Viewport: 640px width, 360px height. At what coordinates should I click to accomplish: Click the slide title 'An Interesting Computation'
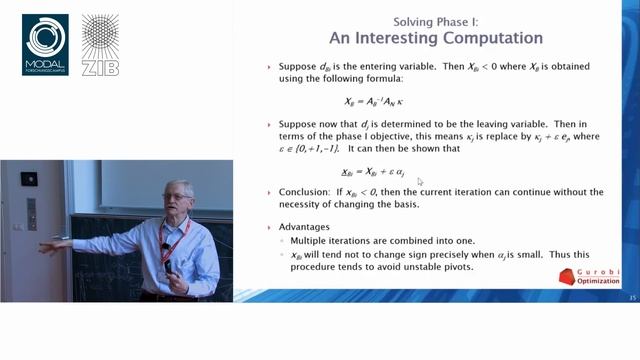[x=436, y=38]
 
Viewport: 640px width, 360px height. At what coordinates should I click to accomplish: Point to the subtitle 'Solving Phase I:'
[x=436, y=21]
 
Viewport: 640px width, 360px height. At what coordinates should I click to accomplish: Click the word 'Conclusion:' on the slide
[x=304, y=192]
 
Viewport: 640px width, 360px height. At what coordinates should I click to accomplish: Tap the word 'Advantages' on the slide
[x=305, y=226]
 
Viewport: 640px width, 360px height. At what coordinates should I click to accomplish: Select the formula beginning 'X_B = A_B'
[x=372, y=101]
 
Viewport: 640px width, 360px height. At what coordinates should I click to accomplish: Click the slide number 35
[x=631, y=297]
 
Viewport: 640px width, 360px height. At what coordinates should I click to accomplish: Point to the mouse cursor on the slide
[x=420, y=181]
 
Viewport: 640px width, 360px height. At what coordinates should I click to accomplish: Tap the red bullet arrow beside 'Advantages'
[x=269, y=226]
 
